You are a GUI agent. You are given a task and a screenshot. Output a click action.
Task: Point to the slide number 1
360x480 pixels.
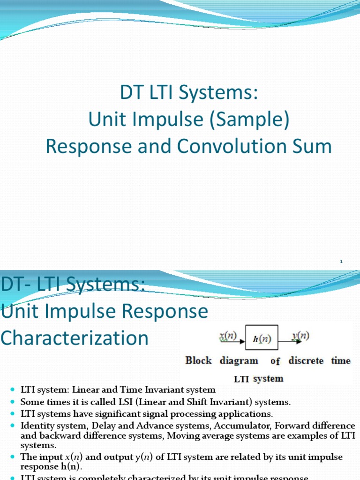(342, 261)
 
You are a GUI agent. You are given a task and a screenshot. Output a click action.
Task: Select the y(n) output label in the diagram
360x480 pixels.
(300, 336)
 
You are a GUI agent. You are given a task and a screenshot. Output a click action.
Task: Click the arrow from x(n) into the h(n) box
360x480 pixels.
(237, 341)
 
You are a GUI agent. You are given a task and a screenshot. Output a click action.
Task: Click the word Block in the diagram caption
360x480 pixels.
(198, 360)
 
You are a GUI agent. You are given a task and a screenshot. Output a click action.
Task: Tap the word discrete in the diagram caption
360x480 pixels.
(306, 360)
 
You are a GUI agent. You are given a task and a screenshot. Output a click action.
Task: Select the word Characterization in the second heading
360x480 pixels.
(75, 338)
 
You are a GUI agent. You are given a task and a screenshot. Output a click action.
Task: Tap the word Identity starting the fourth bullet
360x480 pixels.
(36, 426)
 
